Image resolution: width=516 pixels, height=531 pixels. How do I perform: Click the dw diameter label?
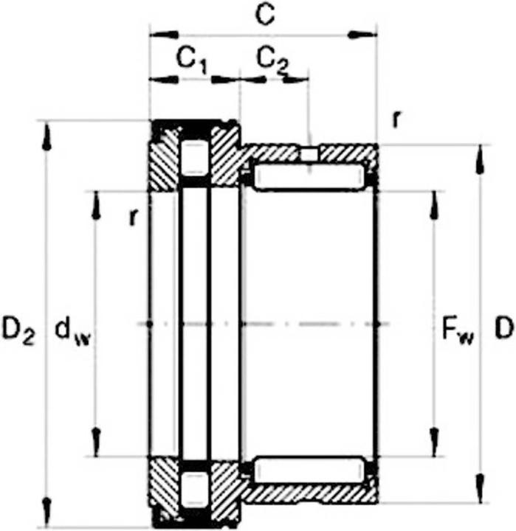[x=70, y=331]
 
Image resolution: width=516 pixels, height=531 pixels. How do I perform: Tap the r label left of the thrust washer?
[x=134, y=216]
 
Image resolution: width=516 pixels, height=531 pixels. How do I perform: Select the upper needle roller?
[x=309, y=177]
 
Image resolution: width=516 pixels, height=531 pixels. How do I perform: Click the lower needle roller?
[x=309, y=470]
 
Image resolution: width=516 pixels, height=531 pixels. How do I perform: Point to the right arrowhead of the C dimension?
[x=362, y=34]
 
